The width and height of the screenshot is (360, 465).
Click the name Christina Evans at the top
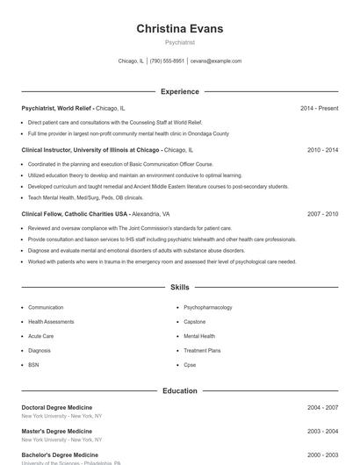[179, 29]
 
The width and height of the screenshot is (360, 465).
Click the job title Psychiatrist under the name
[179, 42]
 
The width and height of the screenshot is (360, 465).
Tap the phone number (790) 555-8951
[167, 61]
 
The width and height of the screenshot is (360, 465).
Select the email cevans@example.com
[215, 61]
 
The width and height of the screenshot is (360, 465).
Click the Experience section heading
[179, 91]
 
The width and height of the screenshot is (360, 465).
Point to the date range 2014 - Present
[319, 108]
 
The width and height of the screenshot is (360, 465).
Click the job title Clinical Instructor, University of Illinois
[90, 150]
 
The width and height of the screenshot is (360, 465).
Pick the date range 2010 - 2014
[322, 150]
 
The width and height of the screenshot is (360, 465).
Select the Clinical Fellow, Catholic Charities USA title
[75, 213]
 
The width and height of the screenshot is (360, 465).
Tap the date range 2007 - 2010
[322, 213]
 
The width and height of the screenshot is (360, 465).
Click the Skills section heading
[179, 287]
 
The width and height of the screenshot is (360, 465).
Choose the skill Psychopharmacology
[207, 308]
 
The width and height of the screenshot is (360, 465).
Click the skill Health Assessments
[51, 322]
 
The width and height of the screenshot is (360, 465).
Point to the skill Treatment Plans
[202, 350]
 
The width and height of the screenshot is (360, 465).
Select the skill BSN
[33, 364]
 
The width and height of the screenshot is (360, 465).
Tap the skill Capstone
[196, 322]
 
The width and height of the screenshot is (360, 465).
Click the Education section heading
[179, 390]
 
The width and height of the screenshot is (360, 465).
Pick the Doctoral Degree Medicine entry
[57, 408]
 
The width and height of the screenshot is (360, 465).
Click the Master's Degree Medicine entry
[56, 432]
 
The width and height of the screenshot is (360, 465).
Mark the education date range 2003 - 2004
[322, 432]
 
